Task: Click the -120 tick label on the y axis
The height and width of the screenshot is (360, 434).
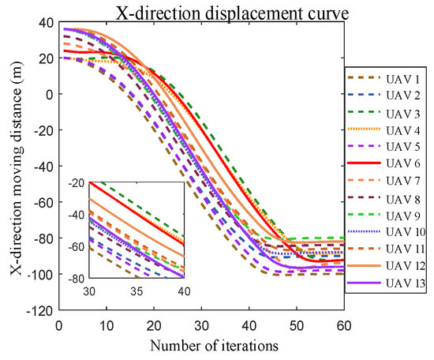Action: tap(39, 310)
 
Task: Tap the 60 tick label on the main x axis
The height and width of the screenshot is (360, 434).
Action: tap(343, 324)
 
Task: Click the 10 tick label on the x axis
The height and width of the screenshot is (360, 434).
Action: tap(106, 324)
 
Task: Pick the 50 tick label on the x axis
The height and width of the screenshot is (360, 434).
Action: tap(296, 324)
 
